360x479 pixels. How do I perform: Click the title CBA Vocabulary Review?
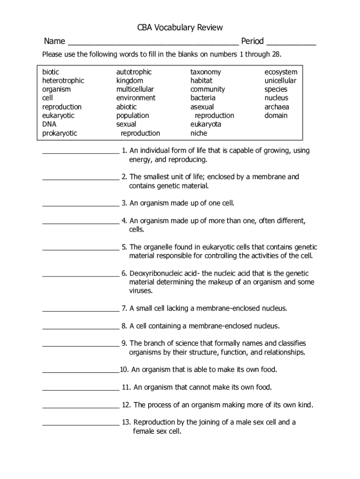tap(180, 28)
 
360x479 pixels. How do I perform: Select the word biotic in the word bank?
tap(51, 72)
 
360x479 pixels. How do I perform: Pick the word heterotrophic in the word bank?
tap(63, 80)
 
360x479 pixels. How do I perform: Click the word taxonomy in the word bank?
tap(206, 72)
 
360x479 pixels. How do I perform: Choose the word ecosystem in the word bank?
tap(281, 72)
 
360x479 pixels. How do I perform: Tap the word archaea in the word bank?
tap(277, 107)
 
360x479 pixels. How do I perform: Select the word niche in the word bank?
tap(199, 133)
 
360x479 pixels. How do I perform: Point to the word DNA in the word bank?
tap(50, 124)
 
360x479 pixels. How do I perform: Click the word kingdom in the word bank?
tap(130, 80)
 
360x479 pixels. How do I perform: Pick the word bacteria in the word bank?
tap(203, 98)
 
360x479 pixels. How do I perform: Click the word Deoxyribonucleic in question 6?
tap(157, 274)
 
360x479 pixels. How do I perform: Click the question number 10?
tap(124, 370)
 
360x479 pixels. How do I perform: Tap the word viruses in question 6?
tap(141, 291)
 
